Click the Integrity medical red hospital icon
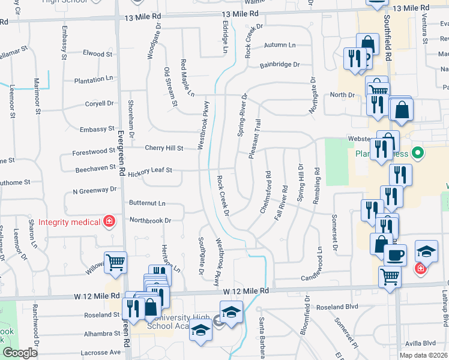[x=109, y=222]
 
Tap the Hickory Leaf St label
[x=150, y=170]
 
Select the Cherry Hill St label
[x=164, y=148]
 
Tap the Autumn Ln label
[x=280, y=46]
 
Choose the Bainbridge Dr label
[x=279, y=65]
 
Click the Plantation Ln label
[x=93, y=79]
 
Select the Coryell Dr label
[x=99, y=103]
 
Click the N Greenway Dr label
[x=94, y=190]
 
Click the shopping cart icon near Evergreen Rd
[x=115, y=262]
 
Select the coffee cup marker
[x=396, y=254]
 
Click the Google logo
[x=19, y=353]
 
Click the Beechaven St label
[x=95, y=170]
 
